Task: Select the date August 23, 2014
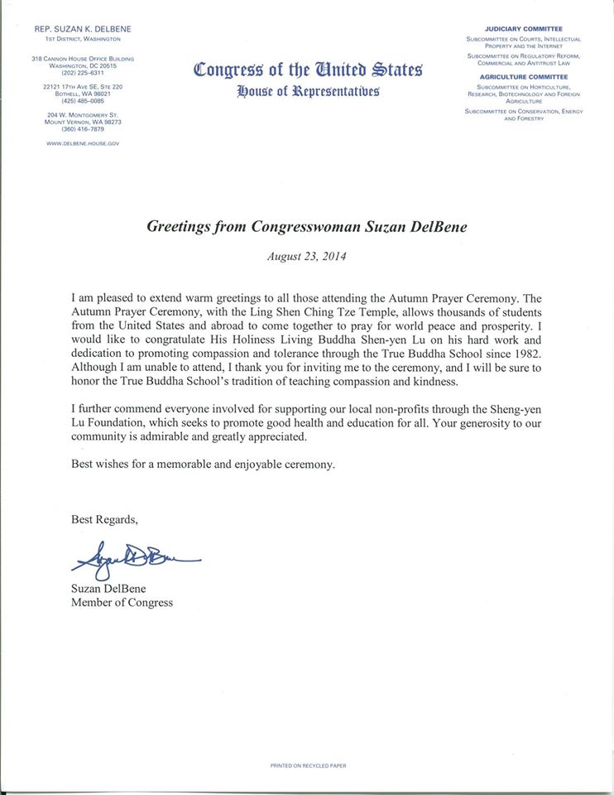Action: [x=307, y=256]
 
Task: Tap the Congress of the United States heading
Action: [x=308, y=70]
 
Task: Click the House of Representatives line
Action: [x=308, y=91]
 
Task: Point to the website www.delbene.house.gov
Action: [x=82, y=142]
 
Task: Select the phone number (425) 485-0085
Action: [x=82, y=101]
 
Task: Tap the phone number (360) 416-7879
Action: [x=82, y=129]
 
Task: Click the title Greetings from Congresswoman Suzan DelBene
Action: [x=307, y=225]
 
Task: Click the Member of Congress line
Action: [x=122, y=603]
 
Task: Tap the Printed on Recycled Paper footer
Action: [x=306, y=766]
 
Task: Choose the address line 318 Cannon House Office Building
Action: [x=82, y=58]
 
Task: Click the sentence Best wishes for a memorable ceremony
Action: [x=203, y=465]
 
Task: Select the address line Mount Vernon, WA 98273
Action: [x=82, y=122]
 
